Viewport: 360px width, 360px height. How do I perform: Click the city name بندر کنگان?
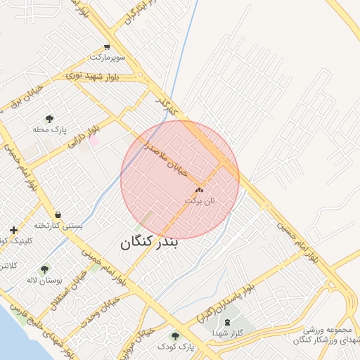(150, 243)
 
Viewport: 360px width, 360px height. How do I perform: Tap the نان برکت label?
(199, 200)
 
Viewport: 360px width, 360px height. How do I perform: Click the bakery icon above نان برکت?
(199, 190)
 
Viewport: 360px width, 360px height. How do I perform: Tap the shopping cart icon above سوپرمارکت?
(106, 46)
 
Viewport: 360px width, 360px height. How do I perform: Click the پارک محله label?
(49, 130)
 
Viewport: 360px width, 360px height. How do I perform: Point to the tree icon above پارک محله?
(49, 119)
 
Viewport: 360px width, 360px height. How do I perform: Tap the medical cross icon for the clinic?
(13, 230)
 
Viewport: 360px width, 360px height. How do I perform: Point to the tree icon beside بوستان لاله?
(45, 269)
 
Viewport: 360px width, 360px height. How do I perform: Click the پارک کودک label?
(174, 347)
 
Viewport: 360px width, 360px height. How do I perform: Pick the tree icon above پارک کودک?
(174, 336)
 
